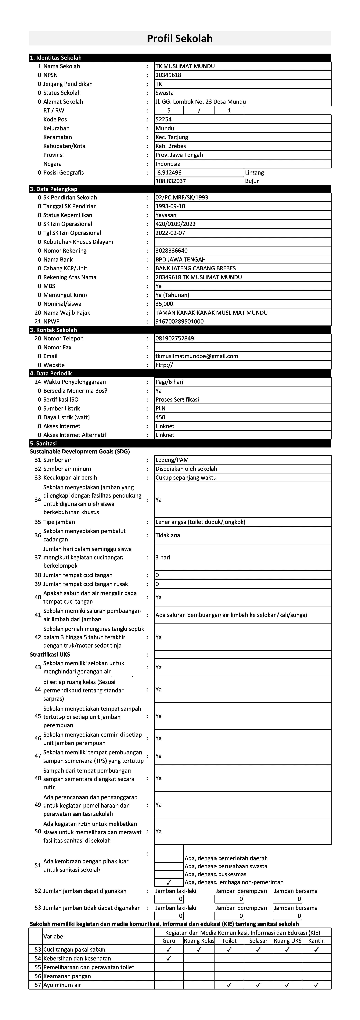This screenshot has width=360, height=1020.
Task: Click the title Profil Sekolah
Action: click(180, 38)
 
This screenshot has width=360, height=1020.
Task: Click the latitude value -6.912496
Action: click(169, 173)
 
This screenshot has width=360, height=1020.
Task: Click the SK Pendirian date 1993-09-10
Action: click(170, 206)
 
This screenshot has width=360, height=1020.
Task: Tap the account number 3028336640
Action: click(171, 251)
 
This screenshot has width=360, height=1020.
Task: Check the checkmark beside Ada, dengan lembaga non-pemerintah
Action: click(169, 882)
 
